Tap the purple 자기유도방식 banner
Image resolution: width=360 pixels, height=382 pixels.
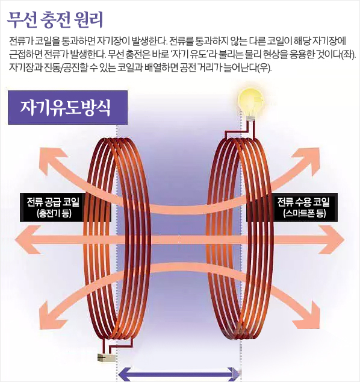[x=67, y=107]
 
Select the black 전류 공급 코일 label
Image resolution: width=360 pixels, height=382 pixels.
[x=65, y=207]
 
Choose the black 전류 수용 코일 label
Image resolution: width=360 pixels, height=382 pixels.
[x=292, y=207]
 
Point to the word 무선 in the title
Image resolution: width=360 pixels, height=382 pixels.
[x=22, y=20]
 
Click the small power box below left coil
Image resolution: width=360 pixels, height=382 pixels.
[x=107, y=358]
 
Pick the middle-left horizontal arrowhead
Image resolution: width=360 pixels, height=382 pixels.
[x=28, y=240]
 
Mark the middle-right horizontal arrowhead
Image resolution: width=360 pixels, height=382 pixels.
[x=332, y=240]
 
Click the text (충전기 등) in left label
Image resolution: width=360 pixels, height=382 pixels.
[x=54, y=214]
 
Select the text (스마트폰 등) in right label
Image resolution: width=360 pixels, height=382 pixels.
[x=305, y=214]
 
